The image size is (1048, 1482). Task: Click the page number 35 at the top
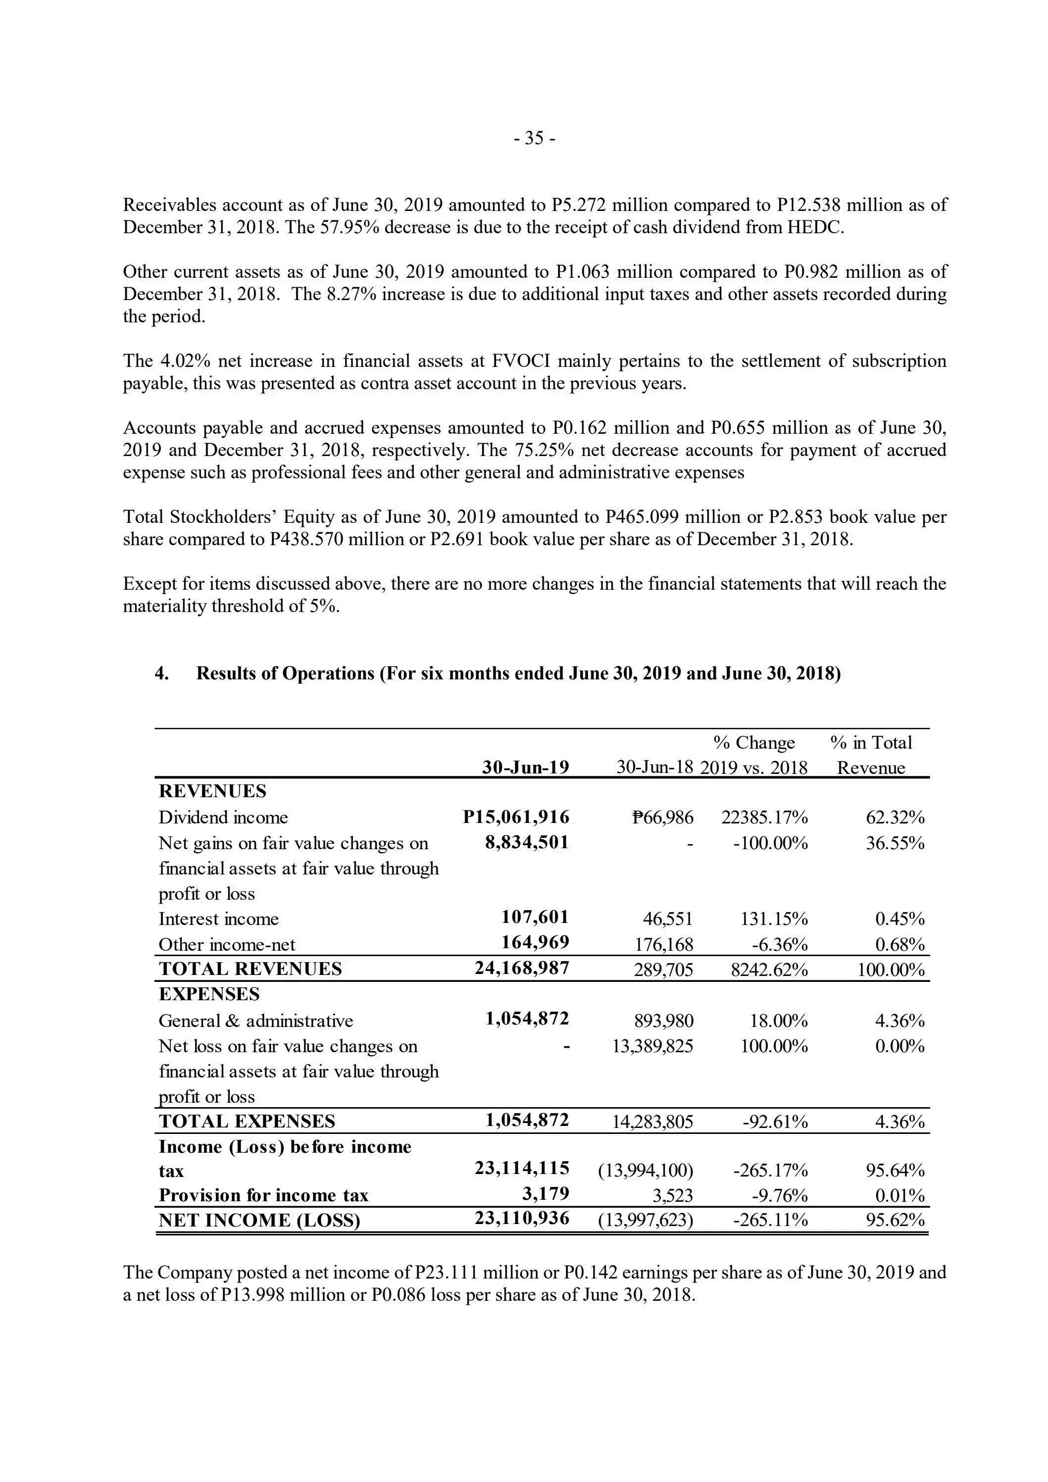pos(534,138)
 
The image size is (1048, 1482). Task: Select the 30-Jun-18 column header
pos(654,767)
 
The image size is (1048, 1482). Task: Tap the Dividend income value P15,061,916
pos(516,817)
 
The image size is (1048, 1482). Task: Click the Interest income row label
pos(219,919)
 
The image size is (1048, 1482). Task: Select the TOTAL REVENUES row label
pos(250,969)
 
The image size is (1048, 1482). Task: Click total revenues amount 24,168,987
pos(522,969)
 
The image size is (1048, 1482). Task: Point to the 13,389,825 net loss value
pos(652,1046)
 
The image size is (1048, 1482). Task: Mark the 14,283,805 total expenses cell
pos(652,1122)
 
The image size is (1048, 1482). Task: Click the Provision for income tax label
pos(263,1195)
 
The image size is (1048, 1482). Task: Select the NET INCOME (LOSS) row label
pos(259,1221)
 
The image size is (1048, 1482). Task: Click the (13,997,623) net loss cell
pos(646,1221)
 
